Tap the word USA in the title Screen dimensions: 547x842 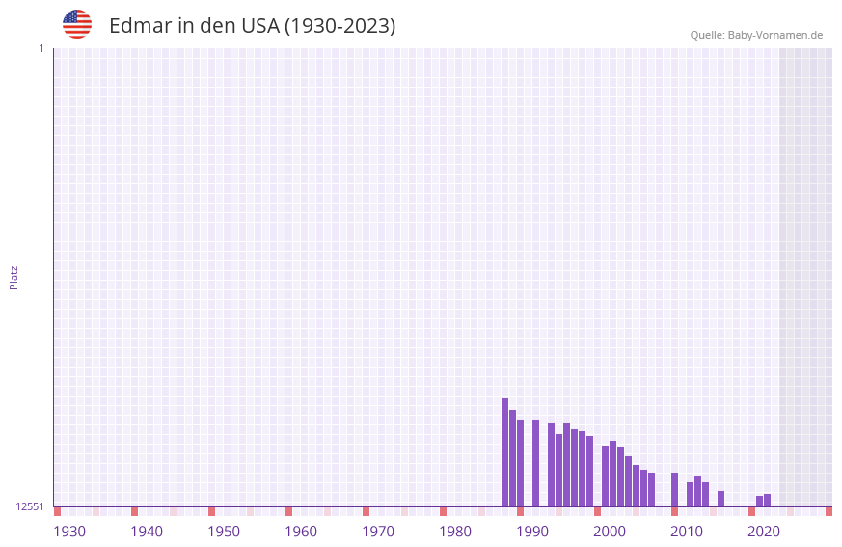click(260, 26)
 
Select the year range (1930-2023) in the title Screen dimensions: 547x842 click(340, 26)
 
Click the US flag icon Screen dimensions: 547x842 click(77, 24)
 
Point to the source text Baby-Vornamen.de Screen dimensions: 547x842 click(774, 35)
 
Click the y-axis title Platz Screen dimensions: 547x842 click(14, 277)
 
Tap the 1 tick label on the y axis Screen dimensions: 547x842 click(41, 48)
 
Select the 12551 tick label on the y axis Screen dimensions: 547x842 click(30, 506)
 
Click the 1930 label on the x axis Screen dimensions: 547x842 click(69, 532)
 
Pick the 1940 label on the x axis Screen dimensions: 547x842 click(147, 532)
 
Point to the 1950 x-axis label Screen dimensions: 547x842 click(224, 532)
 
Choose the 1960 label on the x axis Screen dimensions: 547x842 click(301, 532)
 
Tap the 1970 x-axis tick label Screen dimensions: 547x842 click(378, 532)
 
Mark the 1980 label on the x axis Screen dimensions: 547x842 click(455, 532)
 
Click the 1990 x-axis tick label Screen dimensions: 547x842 click(532, 532)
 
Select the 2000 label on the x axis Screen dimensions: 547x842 click(610, 532)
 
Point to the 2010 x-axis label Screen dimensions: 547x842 click(687, 532)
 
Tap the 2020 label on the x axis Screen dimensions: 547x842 click(764, 532)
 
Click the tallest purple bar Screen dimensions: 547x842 click(504, 453)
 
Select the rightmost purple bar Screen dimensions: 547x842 click(767, 501)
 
